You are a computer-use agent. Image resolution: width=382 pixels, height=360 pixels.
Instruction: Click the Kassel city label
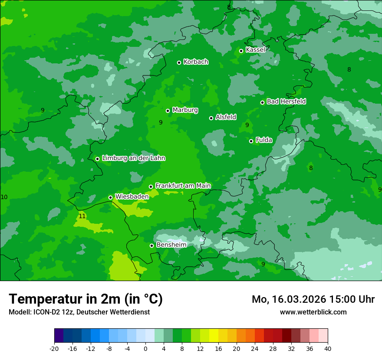(x=255, y=50)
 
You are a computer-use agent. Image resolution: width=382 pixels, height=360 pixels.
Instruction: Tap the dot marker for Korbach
(x=179, y=62)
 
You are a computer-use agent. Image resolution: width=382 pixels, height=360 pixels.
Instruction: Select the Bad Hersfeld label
(x=286, y=101)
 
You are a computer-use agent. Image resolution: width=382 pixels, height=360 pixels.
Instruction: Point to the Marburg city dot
(x=168, y=111)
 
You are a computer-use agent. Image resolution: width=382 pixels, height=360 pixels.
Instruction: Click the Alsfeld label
(x=226, y=117)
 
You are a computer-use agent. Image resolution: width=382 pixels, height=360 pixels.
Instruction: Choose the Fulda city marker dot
(x=251, y=141)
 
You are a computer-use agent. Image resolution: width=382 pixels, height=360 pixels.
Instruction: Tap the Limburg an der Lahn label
(x=133, y=158)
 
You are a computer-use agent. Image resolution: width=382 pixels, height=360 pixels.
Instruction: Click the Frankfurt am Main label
(x=183, y=186)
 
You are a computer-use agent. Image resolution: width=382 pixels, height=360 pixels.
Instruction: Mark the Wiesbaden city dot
(x=110, y=197)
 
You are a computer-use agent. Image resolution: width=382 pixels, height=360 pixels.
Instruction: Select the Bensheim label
(x=171, y=245)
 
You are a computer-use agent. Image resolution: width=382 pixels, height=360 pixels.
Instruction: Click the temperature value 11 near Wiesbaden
(x=82, y=216)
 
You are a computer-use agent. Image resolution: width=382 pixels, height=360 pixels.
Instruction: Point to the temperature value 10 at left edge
(x=4, y=197)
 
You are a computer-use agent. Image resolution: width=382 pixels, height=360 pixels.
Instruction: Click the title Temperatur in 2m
(x=86, y=299)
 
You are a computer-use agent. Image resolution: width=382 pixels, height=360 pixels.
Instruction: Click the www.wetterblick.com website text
(x=313, y=312)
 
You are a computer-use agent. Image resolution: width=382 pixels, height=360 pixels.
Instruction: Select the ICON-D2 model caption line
(x=79, y=312)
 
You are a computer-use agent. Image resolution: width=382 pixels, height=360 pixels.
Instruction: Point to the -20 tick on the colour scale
(x=54, y=348)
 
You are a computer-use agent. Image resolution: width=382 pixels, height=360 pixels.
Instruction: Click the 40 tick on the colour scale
(x=328, y=348)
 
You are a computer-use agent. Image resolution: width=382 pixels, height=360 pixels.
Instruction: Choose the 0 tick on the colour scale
(x=145, y=348)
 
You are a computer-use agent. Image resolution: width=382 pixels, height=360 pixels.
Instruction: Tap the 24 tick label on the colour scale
(x=255, y=348)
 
